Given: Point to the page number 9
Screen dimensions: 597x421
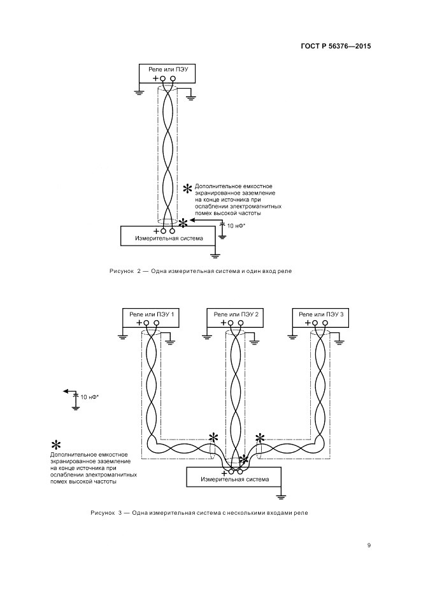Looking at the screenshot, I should click(369, 545).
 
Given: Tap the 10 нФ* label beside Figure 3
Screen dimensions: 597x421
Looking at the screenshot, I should click(90, 397).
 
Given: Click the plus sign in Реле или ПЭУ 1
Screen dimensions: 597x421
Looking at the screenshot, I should click(139, 323).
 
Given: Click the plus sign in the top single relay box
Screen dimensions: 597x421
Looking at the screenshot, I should click(155, 78).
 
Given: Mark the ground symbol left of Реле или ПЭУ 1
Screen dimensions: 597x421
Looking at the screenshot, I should click(121, 336).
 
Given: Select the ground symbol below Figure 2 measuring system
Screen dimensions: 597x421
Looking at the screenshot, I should click(215, 254).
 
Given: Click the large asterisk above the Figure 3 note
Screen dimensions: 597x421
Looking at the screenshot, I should click(55, 445).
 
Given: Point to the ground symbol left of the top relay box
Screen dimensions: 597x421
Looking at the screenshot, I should click(138, 92).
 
